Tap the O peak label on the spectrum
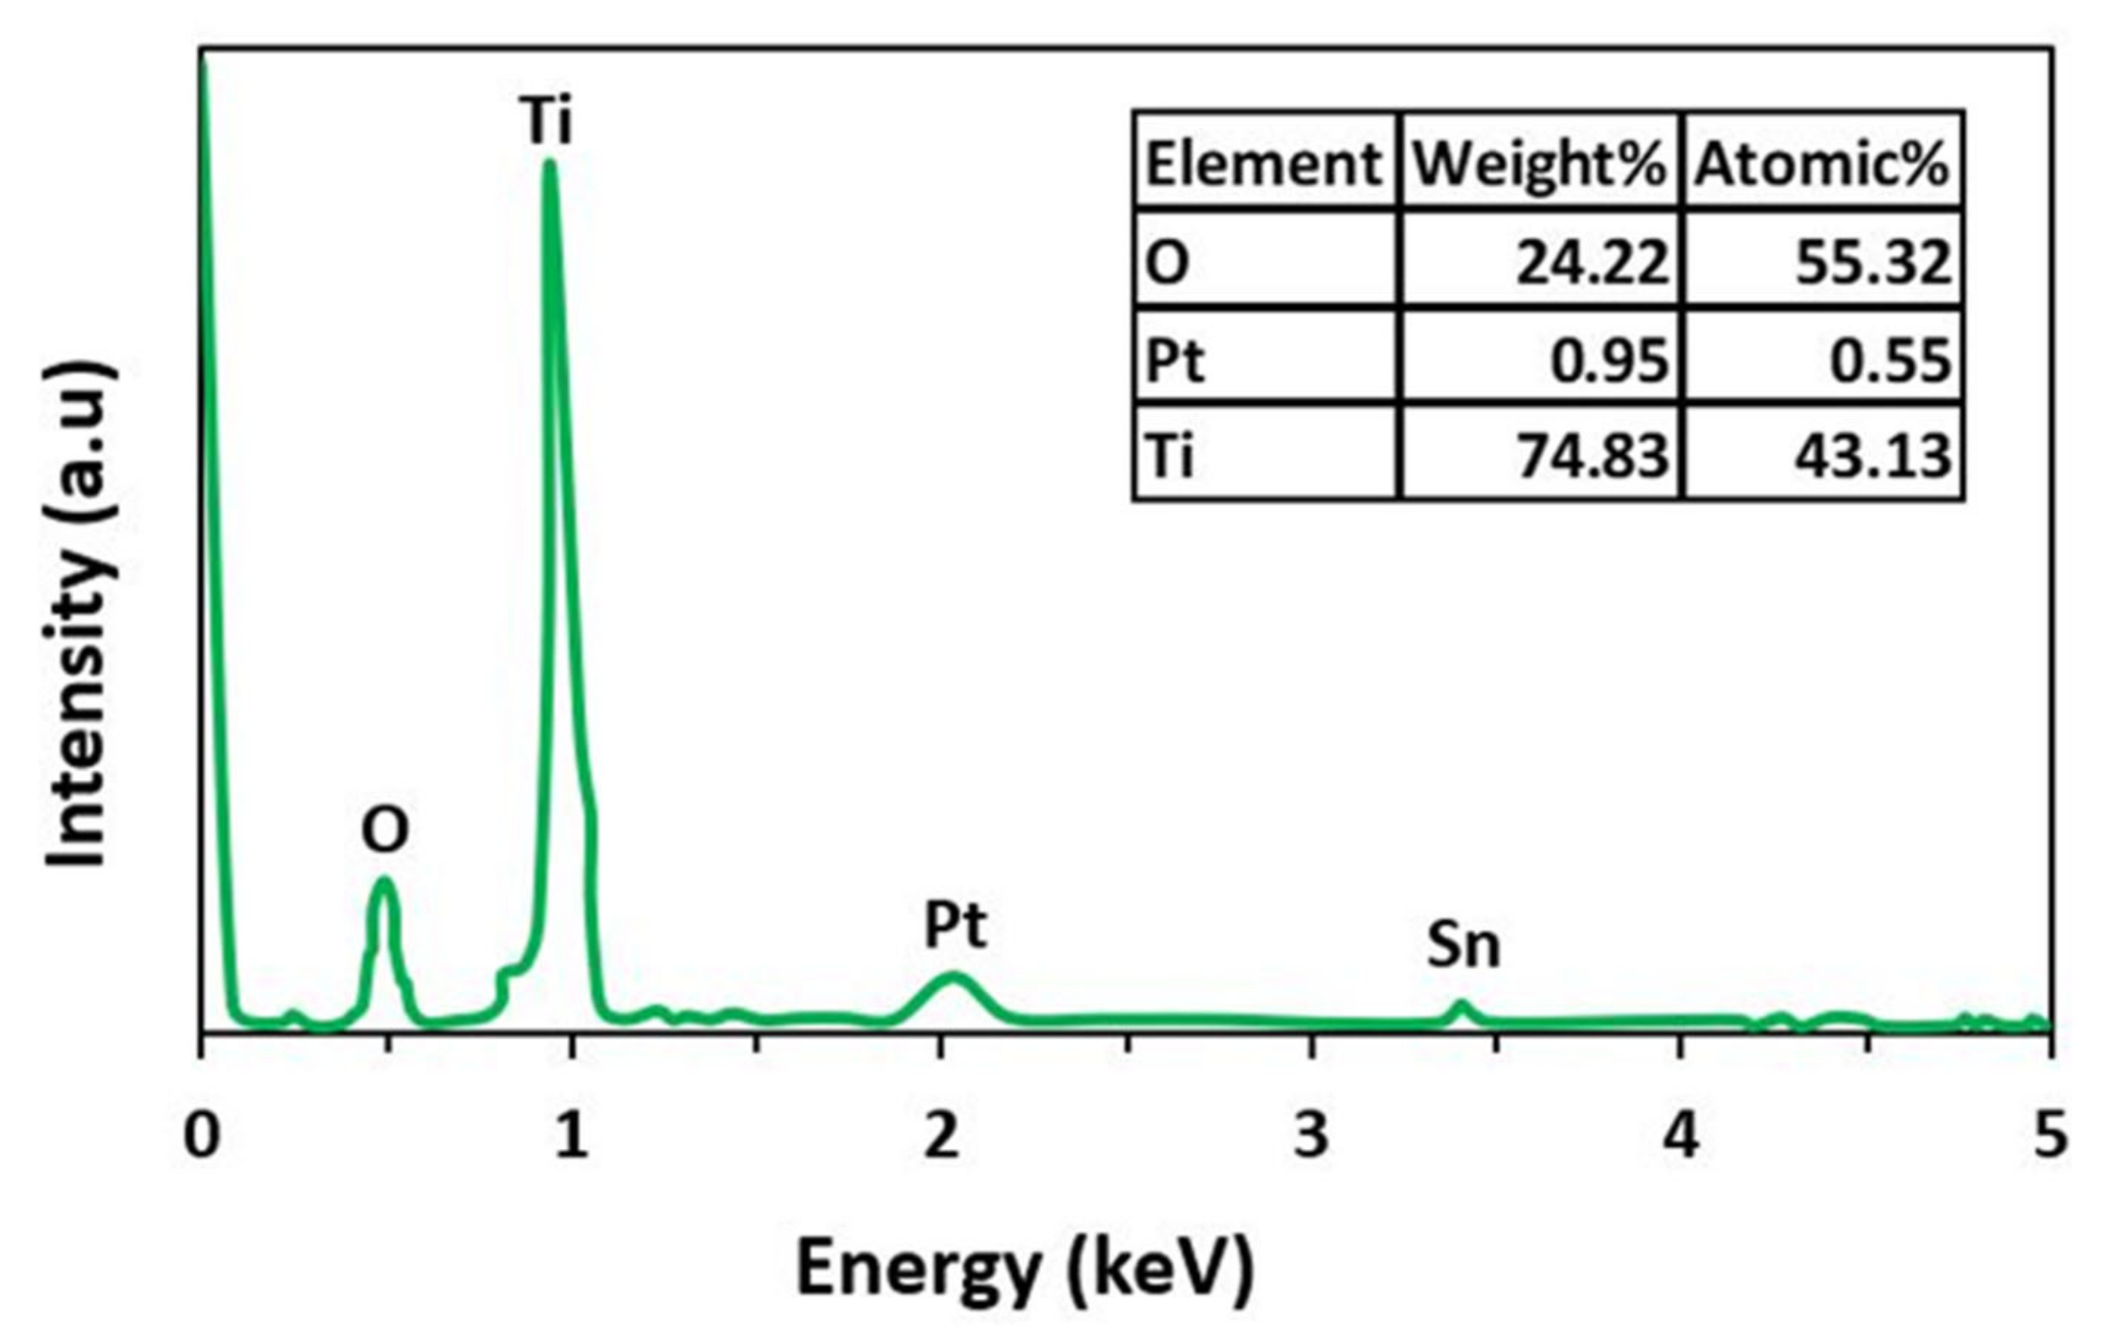pyautogui.click(x=385, y=830)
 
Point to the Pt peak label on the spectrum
pyautogui.click(x=955, y=925)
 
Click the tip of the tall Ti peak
pyautogui.click(x=549, y=163)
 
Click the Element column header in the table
pyautogui.click(x=1264, y=164)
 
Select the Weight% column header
pyautogui.click(x=1540, y=164)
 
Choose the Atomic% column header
pyautogui.click(x=1821, y=164)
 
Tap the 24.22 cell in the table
pyautogui.click(x=1591, y=263)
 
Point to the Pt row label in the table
pyautogui.click(x=1176, y=360)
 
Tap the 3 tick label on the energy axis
pyautogui.click(x=1311, y=1136)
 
